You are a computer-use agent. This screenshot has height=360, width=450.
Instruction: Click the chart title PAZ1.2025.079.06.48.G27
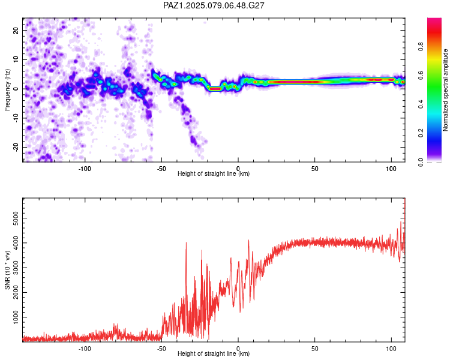click(214, 5)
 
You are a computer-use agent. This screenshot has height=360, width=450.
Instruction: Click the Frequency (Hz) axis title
click(7, 90)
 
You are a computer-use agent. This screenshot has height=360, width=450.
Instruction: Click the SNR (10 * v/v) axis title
click(7, 270)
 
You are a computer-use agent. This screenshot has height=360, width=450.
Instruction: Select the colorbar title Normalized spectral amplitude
click(445, 90)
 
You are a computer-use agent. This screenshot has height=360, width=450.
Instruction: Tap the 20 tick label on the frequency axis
click(16, 31)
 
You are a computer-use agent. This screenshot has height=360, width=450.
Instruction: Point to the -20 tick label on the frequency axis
click(16, 148)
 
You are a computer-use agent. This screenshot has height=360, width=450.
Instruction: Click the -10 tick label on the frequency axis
click(16, 118)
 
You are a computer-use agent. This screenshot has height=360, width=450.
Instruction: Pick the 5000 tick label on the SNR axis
click(16, 218)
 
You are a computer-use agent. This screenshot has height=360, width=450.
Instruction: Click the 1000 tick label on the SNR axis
click(16, 317)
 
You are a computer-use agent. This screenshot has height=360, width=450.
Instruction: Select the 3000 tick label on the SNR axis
click(16, 268)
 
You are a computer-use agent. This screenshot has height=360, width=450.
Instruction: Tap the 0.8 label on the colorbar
click(421, 46)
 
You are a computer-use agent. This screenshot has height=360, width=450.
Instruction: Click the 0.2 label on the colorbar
click(421, 133)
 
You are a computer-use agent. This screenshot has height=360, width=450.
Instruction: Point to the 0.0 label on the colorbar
click(421, 162)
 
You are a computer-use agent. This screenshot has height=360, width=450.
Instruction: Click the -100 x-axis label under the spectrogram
click(85, 169)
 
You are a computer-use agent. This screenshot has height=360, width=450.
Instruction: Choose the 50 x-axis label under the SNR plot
click(315, 349)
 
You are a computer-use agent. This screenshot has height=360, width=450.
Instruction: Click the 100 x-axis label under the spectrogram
click(391, 169)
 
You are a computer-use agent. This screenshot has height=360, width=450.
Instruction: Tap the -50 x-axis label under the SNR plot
click(161, 349)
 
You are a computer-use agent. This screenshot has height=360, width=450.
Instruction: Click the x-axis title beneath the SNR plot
click(214, 353)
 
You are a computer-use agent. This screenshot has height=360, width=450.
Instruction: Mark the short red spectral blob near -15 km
click(215, 89)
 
